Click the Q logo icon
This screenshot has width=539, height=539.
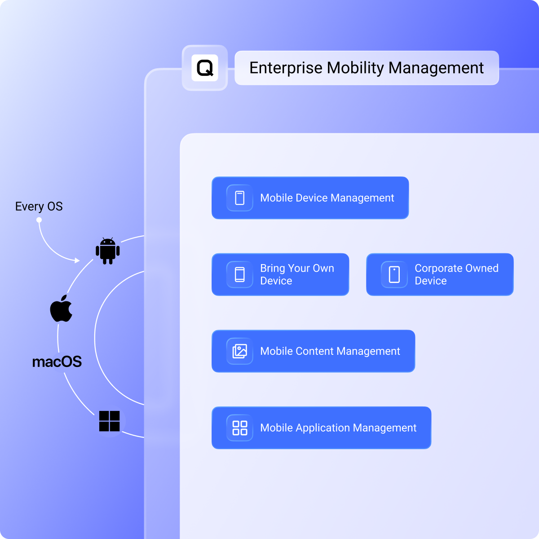(205, 68)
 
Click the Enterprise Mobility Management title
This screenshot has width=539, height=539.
(367, 68)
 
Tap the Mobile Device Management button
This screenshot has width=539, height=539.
(310, 198)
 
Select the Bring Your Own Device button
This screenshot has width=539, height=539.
(280, 274)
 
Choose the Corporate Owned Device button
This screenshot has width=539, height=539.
(440, 274)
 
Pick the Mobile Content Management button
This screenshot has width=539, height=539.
(313, 351)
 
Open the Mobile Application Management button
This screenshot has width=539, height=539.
(322, 428)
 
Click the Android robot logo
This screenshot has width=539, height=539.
(108, 251)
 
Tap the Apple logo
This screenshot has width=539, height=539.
(61, 308)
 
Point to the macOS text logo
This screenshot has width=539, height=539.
(57, 362)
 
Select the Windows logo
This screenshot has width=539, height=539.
(109, 421)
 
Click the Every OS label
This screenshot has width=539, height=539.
(39, 207)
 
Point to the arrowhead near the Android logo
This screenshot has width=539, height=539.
(77, 261)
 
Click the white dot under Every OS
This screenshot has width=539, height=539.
(39, 220)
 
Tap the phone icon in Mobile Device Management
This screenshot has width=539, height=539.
(240, 198)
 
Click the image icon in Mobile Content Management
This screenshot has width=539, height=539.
(240, 351)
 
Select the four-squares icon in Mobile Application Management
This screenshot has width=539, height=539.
(240, 428)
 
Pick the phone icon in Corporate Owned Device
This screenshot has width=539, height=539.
(394, 274)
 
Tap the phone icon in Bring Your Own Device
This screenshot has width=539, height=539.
(240, 274)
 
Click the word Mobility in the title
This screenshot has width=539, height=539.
(355, 68)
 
